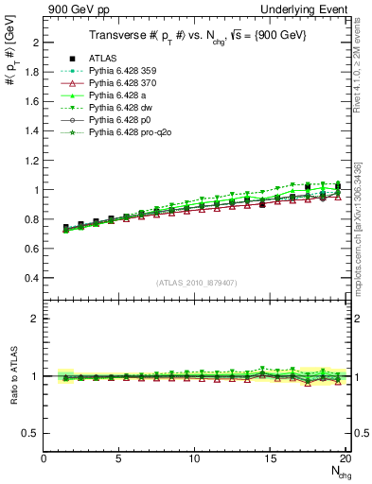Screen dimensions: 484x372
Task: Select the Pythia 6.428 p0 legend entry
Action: point(120,122)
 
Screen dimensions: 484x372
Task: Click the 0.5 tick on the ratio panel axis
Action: point(31,433)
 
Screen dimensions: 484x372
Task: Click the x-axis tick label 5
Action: point(119,458)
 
